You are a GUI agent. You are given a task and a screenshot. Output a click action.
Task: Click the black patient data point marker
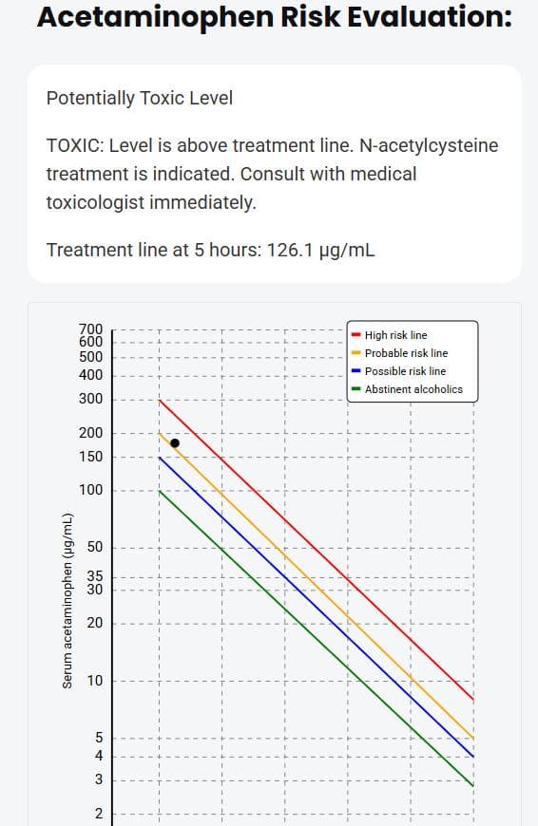coord(175,442)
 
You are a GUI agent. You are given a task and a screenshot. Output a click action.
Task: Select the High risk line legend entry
coord(395,335)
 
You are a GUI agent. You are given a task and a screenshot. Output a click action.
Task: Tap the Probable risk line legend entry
coord(406,353)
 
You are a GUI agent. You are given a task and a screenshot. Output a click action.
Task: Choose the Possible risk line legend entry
coord(405,371)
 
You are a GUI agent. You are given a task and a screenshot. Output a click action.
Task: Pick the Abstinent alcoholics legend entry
coord(413,389)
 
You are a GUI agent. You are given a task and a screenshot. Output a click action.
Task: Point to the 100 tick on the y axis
coord(91,491)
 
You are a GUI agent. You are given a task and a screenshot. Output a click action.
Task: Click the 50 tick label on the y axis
coord(96,548)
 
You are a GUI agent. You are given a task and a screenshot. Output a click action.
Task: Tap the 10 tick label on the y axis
coord(96,681)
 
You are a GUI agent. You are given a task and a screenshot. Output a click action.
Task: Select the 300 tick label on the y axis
coord(91,399)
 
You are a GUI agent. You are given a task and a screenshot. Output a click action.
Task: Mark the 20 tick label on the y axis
coord(96,624)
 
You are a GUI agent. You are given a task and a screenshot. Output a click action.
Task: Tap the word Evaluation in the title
coord(420,17)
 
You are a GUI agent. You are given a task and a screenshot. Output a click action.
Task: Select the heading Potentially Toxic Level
coord(140,98)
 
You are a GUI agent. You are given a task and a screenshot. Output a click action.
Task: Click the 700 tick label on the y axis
coord(91,329)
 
